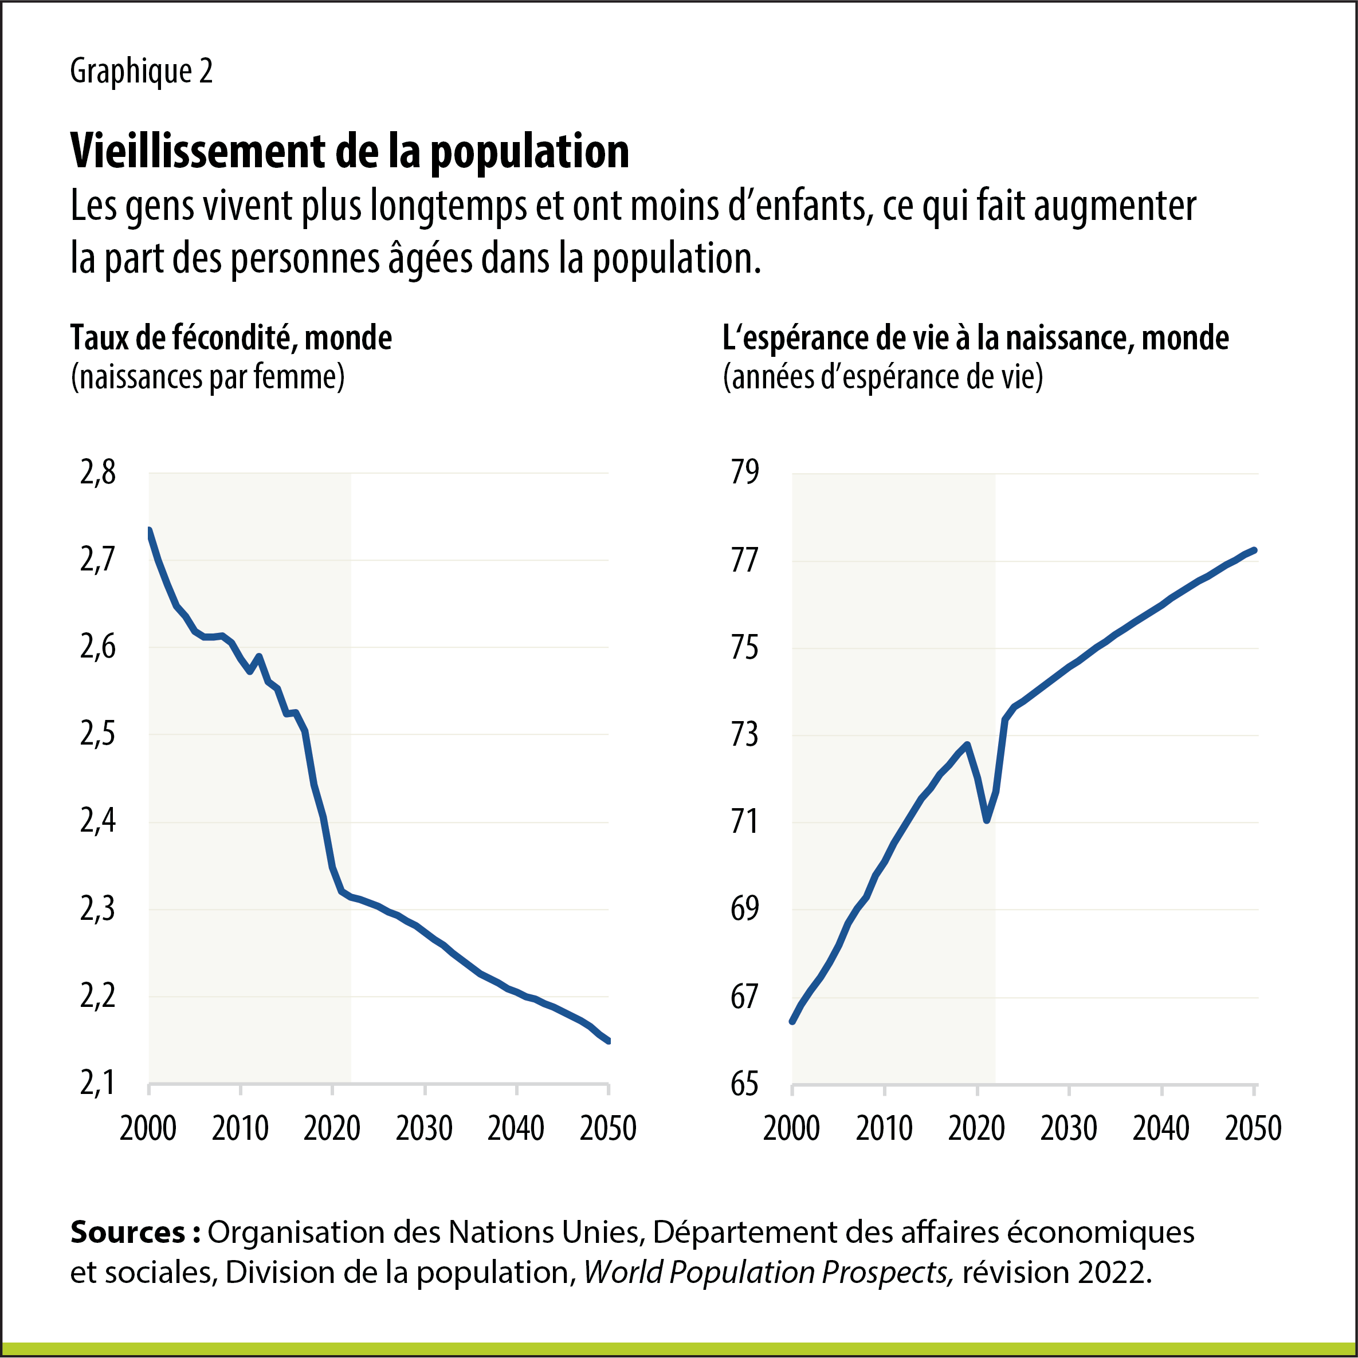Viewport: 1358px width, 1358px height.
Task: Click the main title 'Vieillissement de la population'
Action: tap(350, 151)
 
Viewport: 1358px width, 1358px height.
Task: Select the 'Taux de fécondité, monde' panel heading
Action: tap(231, 338)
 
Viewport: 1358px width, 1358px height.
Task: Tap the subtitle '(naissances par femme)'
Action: tap(207, 377)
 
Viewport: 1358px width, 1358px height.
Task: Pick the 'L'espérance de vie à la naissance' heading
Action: tap(975, 338)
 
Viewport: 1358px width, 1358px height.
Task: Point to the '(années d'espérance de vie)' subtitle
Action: tap(882, 377)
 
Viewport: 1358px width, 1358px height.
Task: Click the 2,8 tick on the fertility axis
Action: tap(98, 473)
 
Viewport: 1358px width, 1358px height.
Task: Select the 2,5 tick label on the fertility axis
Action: tap(98, 734)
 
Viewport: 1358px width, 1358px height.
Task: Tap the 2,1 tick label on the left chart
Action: tap(98, 1083)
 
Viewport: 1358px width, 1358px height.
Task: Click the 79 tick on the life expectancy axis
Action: tap(745, 473)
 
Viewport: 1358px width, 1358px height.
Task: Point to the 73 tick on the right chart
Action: tap(745, 734)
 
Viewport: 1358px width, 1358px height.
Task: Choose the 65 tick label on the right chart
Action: tap(745, 1084)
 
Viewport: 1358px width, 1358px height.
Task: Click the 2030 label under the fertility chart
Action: tap(424, 1129)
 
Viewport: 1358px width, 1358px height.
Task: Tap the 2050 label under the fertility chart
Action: tap(607, 1129)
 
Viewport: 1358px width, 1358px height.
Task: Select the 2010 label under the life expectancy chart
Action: tap(884, 1129)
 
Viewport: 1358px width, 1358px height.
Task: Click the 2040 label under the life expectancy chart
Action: tap(1161, 1129)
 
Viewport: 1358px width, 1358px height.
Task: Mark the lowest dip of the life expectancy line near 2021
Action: tap(987, 820)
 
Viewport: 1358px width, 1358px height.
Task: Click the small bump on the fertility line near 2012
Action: tap(259, 656)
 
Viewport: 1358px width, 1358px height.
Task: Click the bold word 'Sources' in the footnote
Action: tap(127, 1232)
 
